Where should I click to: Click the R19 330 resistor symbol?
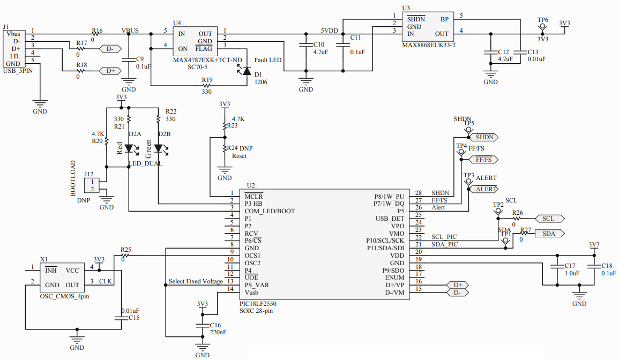[207, 85]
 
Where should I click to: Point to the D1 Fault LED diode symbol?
[247, 70]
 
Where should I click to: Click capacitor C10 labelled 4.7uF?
[305, 48]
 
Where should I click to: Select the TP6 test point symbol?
[542, 25]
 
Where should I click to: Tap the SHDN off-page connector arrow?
[484, 137]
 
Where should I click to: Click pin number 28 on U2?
[419, 193]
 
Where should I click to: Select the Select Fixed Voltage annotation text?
[196, 281]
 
